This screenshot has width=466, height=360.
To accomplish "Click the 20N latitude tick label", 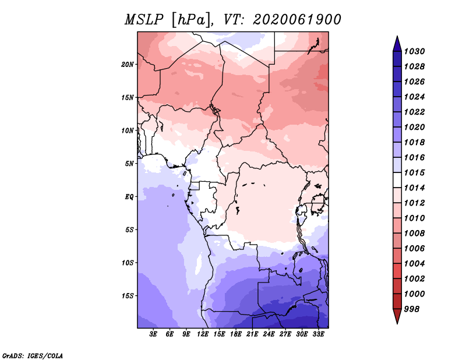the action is coord(128,65).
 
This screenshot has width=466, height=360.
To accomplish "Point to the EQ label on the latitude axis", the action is coord(129,197).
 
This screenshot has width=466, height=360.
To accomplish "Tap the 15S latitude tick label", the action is coord(128,296).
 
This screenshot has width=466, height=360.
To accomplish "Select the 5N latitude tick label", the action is coord(129,164).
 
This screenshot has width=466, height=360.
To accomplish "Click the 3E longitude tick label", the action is coord(153,334).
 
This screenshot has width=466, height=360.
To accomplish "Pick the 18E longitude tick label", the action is coord(236,334).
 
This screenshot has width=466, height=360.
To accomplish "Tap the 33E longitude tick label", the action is coord(318,334).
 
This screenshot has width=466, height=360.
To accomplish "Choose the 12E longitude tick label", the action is coord(203,334).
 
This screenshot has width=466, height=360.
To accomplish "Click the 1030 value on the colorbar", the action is coord(415,51).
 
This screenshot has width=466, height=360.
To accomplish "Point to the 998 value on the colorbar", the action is coord(412,309).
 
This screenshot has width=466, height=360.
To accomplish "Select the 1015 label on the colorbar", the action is coord(415,172).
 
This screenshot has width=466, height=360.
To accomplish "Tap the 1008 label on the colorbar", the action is coord(415,234).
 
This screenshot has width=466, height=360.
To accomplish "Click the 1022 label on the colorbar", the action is coord(415,112).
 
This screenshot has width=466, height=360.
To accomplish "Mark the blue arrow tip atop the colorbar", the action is coord(397,37).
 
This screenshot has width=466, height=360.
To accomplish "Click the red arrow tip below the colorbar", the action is coord(397,323).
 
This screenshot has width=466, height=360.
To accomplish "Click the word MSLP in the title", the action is coord(144,20).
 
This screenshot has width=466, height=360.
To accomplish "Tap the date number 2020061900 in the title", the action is coord(297,20).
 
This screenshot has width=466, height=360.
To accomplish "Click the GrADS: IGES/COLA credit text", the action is coord(33,356).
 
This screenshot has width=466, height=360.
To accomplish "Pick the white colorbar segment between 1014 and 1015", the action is coord(397,180).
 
